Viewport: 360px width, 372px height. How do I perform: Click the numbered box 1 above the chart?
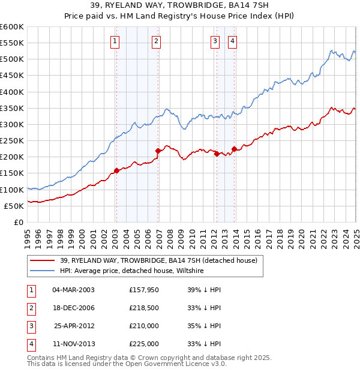114,41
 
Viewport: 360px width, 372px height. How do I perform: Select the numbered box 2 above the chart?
155,41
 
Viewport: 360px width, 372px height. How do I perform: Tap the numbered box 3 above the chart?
215,41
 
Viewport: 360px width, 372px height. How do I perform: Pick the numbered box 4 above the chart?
232,41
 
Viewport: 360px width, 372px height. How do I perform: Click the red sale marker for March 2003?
116,170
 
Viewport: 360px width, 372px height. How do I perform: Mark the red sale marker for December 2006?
158,151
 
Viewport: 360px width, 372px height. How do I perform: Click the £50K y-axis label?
14,206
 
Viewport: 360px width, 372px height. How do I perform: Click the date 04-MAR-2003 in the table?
73,289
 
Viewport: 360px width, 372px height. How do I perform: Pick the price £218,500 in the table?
143,308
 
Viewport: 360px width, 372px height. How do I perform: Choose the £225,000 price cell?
143,344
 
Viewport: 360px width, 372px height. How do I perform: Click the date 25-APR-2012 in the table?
73,326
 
